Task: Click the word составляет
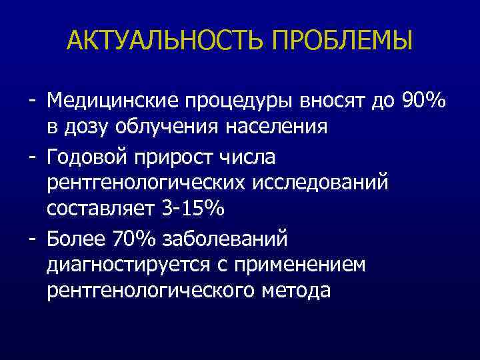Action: coord(101,208)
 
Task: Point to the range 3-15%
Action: coord(193,208)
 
